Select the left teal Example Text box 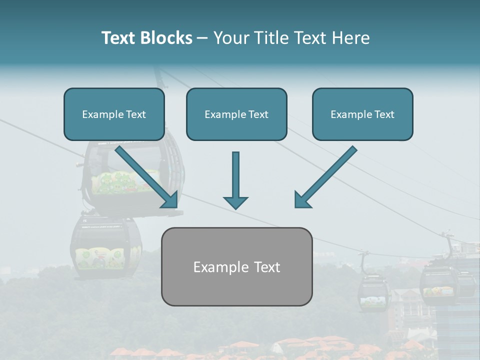point(114,114)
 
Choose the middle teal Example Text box point(236,114)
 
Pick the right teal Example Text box point(362,114)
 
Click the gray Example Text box point(236,266)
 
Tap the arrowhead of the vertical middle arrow point(235,202)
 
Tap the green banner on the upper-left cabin point(125,182)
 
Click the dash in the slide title point(202,38)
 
